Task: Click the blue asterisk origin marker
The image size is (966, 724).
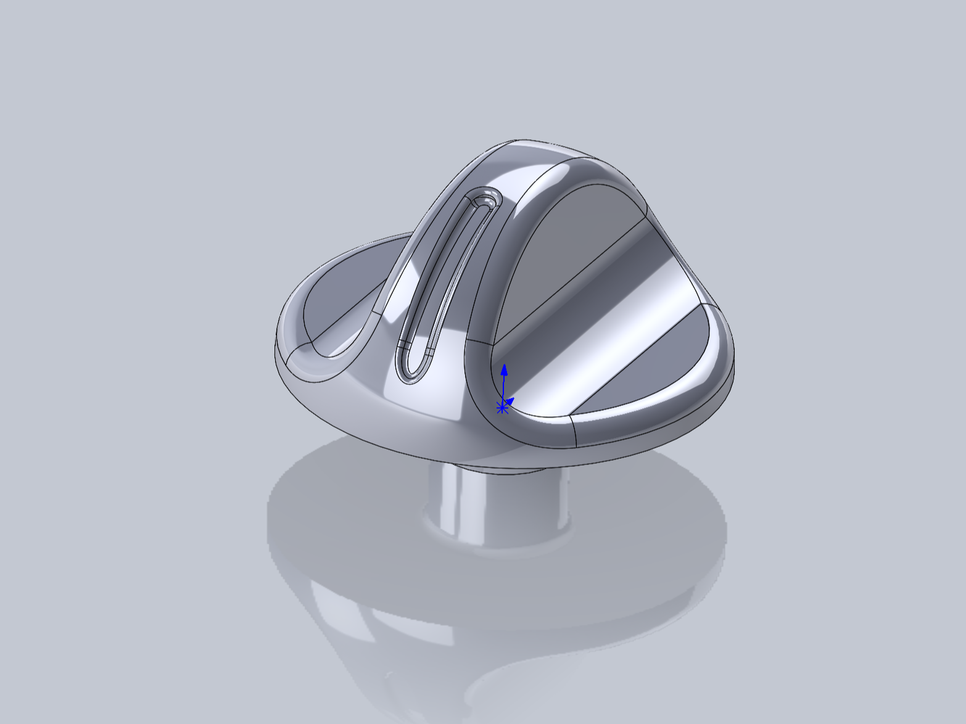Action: point(502,408)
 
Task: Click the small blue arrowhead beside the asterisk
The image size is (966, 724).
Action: point(510,401)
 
